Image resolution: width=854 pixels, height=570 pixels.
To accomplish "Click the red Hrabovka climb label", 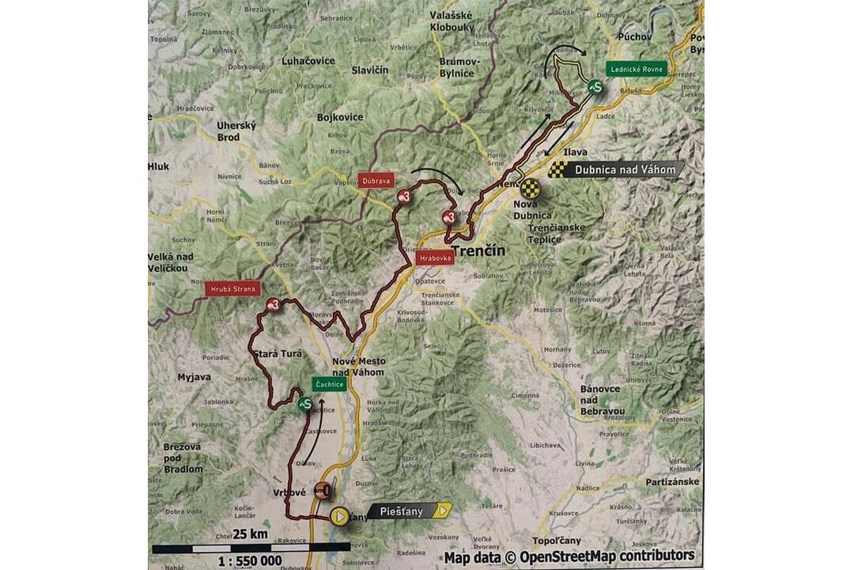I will tap(435, 257).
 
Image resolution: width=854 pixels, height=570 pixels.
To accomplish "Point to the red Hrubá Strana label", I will tap(232, 289).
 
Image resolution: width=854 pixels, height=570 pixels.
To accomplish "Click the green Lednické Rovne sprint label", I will tap(637, 69).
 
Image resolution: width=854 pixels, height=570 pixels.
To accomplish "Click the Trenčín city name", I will tap(478, 251).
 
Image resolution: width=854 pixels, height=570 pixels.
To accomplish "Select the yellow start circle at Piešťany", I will tap(338, 517).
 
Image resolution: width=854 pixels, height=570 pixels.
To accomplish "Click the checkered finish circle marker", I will tap(531, 188).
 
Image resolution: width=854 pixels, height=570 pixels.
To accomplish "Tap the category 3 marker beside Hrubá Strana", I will tap(274, 304).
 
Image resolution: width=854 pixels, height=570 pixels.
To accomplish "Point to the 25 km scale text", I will tap(250, 534).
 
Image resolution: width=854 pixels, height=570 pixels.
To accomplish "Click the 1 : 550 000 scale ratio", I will tap(248, 560).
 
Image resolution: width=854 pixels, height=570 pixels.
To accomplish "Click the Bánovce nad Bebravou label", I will tap(603, 400).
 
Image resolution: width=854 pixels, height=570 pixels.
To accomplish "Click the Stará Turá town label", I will tap(276, 353).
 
